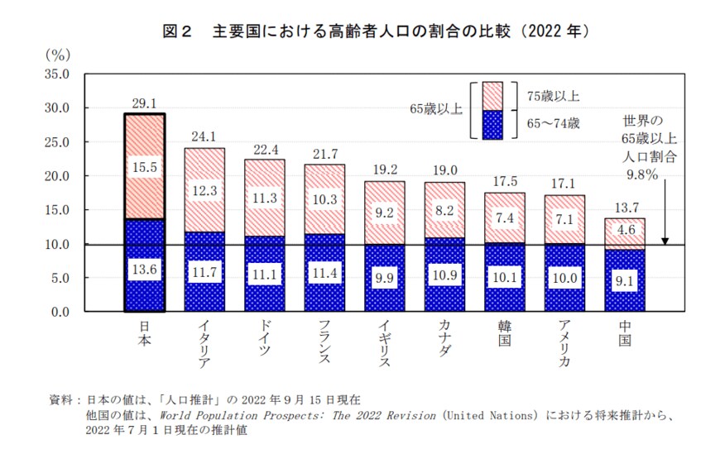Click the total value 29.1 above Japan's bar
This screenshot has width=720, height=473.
pyautogui.click(x=144, y=103)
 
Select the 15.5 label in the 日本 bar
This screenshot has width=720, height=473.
pyautogui.click(x=144, y=167)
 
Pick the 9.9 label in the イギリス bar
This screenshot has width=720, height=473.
pyautogui.click(x=384, y=278)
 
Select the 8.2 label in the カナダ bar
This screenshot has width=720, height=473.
pyautogui.click(x=444, y=210)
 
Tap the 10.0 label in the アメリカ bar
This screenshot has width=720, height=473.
pyautogui.click(x=564, y=278)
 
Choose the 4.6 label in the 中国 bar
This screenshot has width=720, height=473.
pyautogui.click(x=624, y=231)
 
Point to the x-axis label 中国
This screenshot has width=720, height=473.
pyautogui.click(x=624, y=334)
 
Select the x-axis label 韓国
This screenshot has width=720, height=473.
pyautogui.click(x=504, y=334)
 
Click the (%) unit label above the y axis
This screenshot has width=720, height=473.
pyautogui.click(x=58, y=55)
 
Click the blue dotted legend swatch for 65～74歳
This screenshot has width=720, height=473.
pyautogui.click(x=492, y=124)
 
